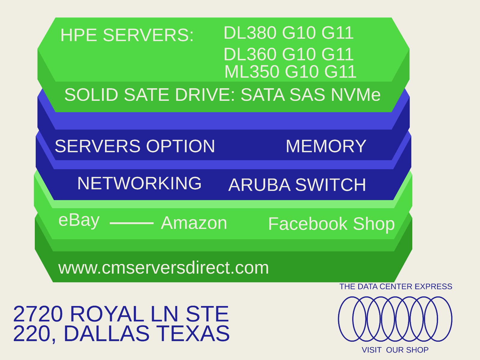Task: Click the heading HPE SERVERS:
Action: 127,35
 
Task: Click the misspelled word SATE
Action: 147,95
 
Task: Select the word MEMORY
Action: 326,146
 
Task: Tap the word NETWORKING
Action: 139,183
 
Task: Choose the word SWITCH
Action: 331,185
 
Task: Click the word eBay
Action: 79,220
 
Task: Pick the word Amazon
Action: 194,223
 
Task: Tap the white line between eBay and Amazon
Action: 132,223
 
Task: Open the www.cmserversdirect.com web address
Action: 163,268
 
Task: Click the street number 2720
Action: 38,314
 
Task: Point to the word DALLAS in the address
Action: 107,333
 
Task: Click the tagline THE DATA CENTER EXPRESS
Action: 396,286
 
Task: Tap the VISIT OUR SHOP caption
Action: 395,350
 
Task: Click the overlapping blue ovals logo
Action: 395,319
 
